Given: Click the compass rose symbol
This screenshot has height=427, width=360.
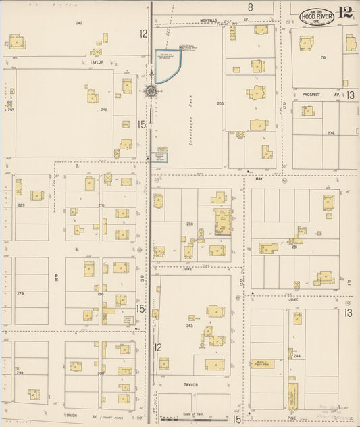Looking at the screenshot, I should (x=151, y=89).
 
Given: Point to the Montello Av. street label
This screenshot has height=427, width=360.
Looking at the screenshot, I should (x=209, y=20).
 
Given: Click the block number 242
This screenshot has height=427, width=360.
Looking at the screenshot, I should (x=79, y=23).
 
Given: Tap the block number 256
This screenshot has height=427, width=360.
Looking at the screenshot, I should (x=104, y=109).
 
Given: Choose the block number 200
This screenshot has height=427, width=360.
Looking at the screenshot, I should (x=220, y=103).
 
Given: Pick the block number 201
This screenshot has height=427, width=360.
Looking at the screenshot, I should (x=323, y=58).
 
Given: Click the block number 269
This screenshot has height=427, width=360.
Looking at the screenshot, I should (x=21, y=205).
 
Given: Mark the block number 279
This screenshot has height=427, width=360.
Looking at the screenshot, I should (x=20, y=293).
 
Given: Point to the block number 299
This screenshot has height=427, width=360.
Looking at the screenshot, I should (x=20, y=373).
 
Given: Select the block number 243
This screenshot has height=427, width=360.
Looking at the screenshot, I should (x=190, y=325).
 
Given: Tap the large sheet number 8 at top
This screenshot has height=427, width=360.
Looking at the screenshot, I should (x=250, y=7).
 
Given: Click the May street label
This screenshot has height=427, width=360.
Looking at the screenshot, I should (x=259, y=179).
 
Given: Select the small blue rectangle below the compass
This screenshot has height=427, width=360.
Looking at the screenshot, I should (x=160, y=157).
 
